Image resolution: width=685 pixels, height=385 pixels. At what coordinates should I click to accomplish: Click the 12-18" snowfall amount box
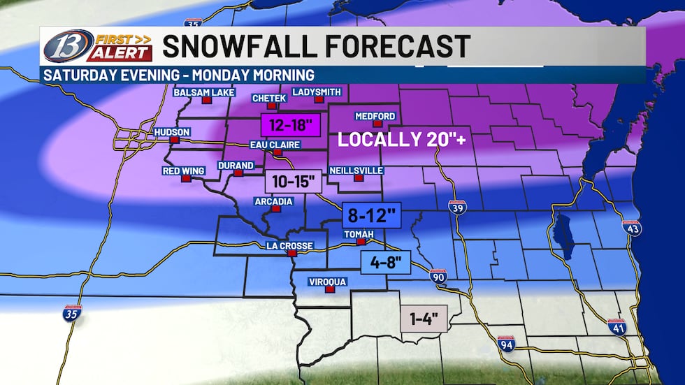pos(289,126)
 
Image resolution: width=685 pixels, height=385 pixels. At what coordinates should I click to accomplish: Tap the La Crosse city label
pos(289,245)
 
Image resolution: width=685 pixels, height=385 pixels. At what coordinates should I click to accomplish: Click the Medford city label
pos(375,115)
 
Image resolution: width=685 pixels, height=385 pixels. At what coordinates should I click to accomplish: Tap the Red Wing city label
pos(182,170)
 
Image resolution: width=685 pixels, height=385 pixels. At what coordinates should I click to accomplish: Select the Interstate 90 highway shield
pos(438,275)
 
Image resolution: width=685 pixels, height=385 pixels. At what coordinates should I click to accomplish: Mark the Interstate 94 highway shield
pos(507,342)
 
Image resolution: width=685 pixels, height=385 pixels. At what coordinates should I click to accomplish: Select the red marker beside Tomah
pos(361,242)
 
